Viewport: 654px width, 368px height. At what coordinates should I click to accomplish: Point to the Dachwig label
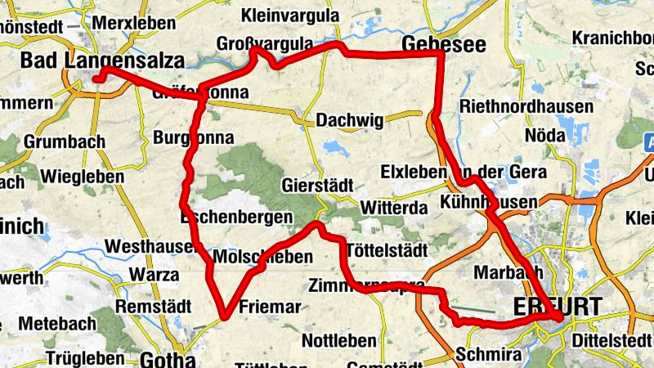pos(349,120)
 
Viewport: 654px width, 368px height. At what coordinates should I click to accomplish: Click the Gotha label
pos(168,359)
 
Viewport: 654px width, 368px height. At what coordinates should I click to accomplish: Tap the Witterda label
pos(394,208)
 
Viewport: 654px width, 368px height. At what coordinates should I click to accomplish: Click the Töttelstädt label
pos(387,249)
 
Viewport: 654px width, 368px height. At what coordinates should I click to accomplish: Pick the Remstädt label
pos(154,306)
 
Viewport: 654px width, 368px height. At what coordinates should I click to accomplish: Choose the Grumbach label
pos(65,141)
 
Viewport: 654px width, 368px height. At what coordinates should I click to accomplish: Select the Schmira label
pos(488,354)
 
